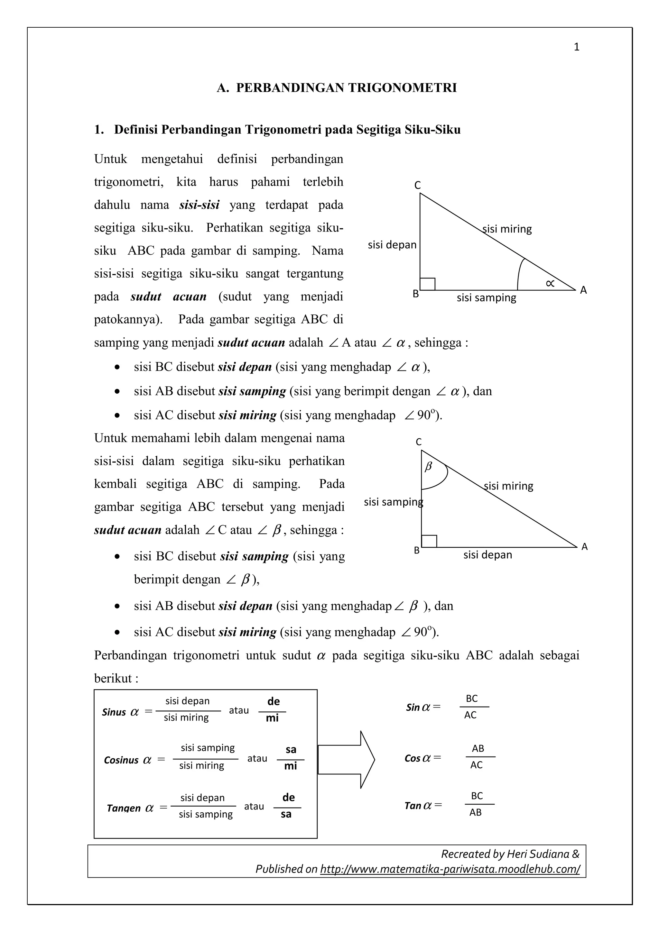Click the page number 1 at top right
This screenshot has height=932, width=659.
[x=576, y=47]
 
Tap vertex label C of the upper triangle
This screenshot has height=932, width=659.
[x=417, y=186]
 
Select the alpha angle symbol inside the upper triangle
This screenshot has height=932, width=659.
[x=550, y=283]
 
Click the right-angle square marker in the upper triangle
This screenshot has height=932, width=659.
[x=428, y=284]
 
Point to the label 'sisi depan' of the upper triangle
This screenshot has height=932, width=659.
[x=392, y=245]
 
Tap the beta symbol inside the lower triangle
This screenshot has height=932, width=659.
[x=428, y=467]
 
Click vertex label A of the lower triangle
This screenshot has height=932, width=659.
[x=584, y=547]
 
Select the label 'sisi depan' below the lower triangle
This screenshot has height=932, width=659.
[x=487, y=554]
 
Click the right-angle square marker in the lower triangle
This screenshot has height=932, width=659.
[x=429, y=541]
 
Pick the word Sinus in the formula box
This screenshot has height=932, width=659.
[x=114, y=712]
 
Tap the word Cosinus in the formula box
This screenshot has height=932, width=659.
[x=121, y=760]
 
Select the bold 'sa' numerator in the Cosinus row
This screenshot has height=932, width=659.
[x=291, y=749]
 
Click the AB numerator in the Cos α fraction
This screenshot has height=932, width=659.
[x=478, y=748]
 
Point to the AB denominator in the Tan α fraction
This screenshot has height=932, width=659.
[x=476, y=812]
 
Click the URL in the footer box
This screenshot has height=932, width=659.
[x=450, y=869]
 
